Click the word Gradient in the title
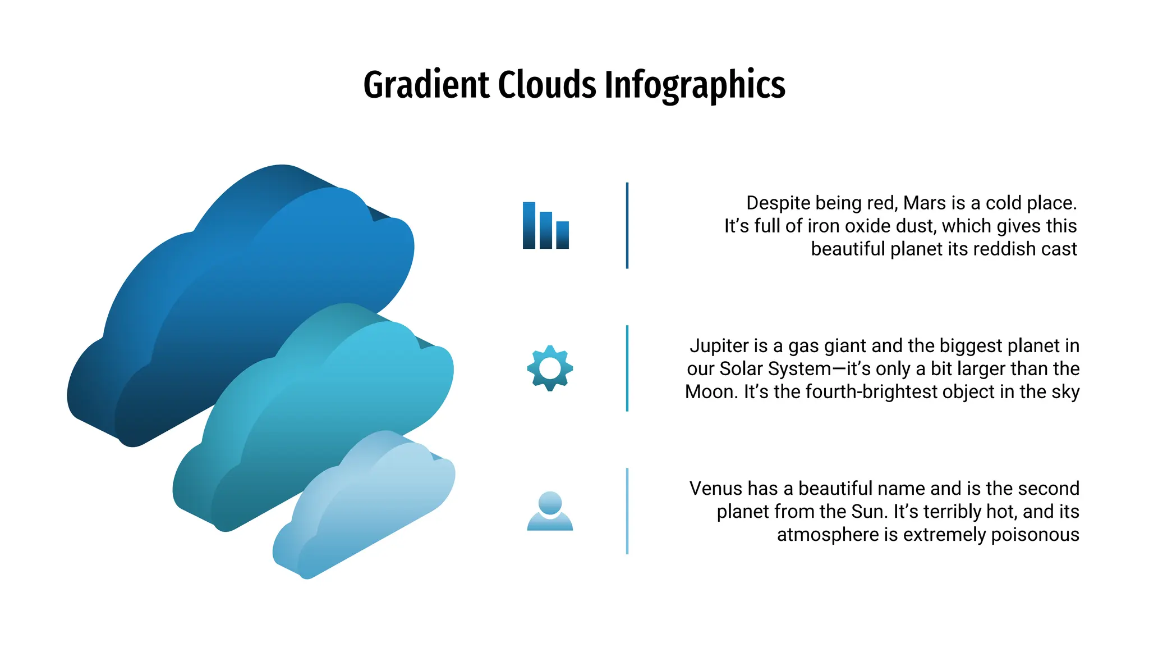coord(426,85)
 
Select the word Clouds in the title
coord(547,85)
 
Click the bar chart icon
coord(545,226)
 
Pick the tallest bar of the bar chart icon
coord(528,226)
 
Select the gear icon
coord(550,368)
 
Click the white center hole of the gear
coord(550,368)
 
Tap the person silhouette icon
coord(550,511)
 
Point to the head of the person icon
coord(550,502)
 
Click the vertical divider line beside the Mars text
coord(627,226)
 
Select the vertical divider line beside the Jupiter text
coord(627,368)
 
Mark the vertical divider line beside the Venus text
coord(627,511)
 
